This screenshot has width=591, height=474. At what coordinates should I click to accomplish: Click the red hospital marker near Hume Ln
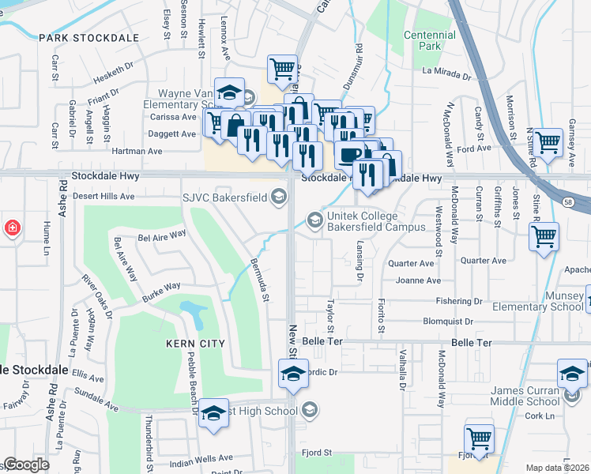(12, 228)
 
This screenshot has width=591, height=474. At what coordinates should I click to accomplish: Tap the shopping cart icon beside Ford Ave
(547, 143)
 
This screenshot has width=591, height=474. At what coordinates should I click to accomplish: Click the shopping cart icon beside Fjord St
(479, 437)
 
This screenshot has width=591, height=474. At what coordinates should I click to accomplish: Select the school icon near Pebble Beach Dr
(213, 413)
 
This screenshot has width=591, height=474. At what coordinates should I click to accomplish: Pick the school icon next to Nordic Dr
(293, 373)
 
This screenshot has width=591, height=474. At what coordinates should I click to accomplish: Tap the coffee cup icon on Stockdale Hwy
(348, 155)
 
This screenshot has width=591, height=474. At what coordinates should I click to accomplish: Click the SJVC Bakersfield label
(226, 197)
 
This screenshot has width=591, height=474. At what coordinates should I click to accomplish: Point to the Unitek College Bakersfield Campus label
(377, 220)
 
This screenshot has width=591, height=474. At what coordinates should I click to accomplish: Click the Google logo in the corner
(26, 465)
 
